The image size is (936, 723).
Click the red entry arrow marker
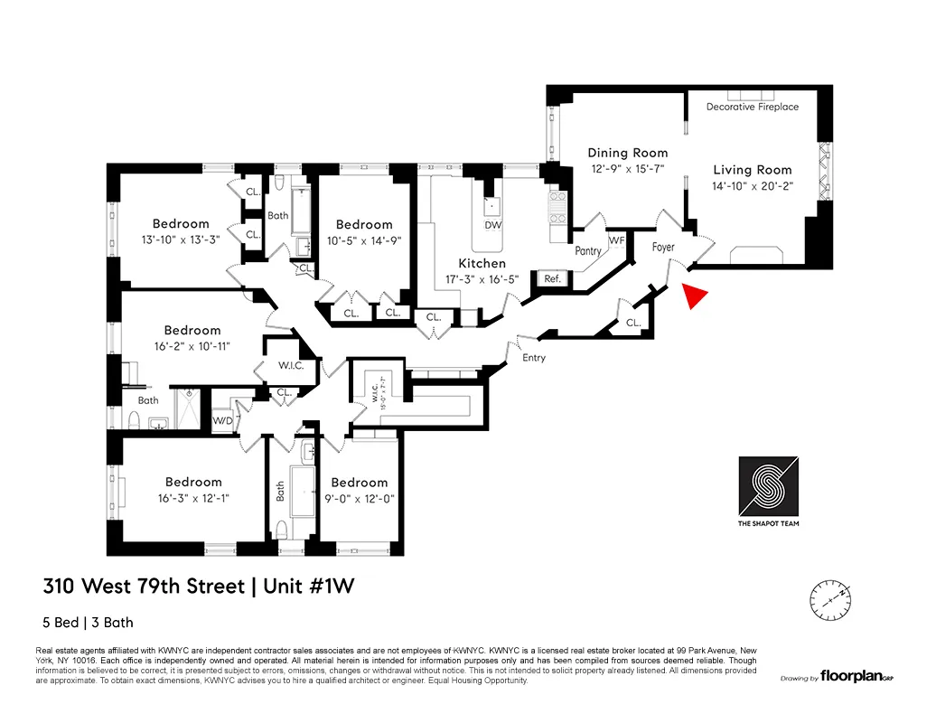coord(692,296)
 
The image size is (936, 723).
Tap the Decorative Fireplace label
coord(752,107)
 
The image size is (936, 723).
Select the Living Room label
coord(752,170)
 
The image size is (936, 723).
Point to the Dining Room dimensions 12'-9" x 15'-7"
coord(628,169)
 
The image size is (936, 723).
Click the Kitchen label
coord(482,263)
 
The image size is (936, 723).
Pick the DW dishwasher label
coord(492,225)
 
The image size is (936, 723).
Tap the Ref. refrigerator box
coord(552,279)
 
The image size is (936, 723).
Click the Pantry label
coord(587,251)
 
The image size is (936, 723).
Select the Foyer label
coord(663,247)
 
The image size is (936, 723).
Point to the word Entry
coord(534,358)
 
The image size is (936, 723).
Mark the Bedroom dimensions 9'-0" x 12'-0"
coord(359,499)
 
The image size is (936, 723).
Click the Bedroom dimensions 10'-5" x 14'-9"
coord(364,240)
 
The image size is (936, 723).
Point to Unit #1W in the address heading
coord(307,586)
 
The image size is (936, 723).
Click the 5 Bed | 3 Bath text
coord(89,622)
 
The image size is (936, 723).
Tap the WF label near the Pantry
coord(616,240)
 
